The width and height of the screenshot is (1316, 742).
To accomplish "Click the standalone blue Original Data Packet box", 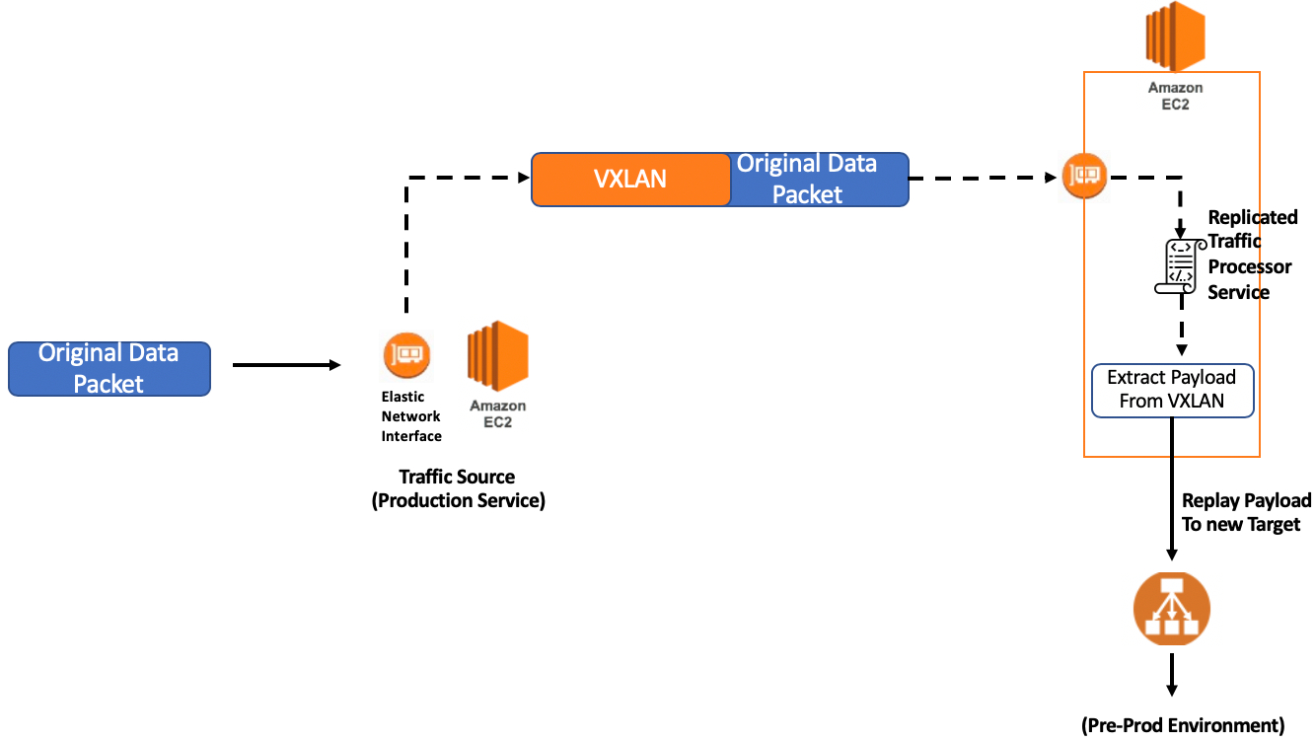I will coord(110,369).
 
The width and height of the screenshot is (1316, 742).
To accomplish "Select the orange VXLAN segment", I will coord(630,179).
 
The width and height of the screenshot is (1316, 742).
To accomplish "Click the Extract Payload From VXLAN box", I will coord(1172,390).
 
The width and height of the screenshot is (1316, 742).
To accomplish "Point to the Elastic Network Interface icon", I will coord(406,355).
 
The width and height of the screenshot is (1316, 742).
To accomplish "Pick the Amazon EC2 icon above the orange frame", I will coord(1175,37).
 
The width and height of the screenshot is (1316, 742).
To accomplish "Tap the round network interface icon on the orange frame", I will coord(1085,176).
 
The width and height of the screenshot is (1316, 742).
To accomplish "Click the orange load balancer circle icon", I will coord(1172,609).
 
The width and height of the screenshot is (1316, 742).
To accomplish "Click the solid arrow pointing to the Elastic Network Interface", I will coord(286,365).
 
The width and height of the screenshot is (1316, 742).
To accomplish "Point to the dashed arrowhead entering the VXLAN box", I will coord(524,178).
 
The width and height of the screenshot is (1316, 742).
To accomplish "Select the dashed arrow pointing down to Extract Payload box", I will coord(1180,335).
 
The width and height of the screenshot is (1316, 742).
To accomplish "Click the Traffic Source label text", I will coord(457,478).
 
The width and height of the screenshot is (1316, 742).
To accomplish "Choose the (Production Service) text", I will coord(458,500).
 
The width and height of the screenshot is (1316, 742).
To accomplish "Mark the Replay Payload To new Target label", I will coord(1246,513).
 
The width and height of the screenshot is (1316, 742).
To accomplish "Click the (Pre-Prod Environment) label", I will coord(1183,725).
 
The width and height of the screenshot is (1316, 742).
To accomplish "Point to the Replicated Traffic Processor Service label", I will coord(1251,254).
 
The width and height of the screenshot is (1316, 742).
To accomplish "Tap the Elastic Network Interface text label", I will coord(411,416).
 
